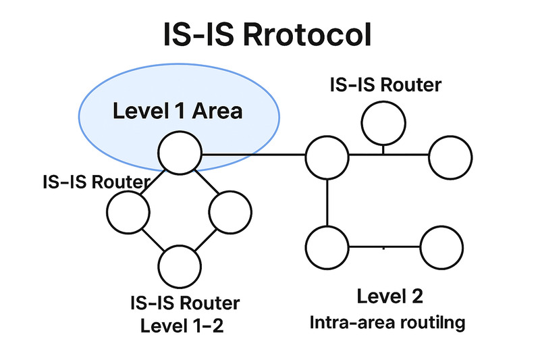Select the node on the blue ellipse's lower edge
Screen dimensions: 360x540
click(180, 153)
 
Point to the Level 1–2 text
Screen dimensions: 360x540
click(182, 326)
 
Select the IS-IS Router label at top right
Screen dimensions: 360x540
click(385, 85)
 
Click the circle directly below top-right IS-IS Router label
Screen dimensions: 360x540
click(383, 122)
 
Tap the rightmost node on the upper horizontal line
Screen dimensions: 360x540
click(450, 156)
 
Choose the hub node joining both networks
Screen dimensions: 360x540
click(327, 157)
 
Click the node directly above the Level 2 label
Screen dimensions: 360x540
click(327, 247)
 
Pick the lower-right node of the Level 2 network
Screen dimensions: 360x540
click(443, 247)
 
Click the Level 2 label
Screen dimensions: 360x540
click(389, 296)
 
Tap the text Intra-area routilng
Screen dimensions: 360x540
click(387, 322)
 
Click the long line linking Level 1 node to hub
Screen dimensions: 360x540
click(253, 155)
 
